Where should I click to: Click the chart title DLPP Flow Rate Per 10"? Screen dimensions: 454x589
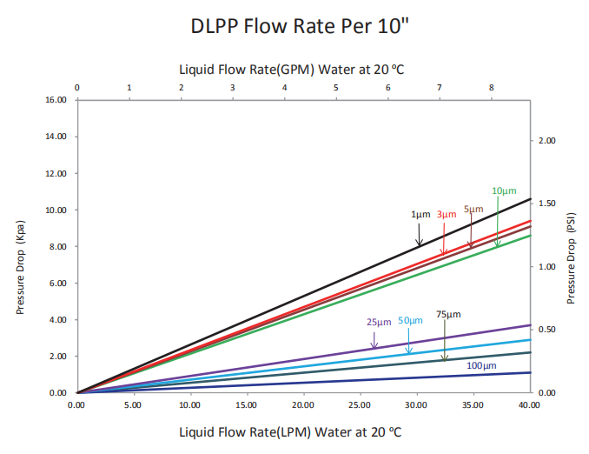tap(294, 27)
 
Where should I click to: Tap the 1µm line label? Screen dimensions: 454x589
tap(420, 214)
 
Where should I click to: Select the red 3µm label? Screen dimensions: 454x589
tap(447, 214)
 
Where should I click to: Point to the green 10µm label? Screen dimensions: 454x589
tap(504, 190)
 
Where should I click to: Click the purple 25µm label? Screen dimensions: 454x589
tap(379, 322)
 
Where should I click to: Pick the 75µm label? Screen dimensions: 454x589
tap(448, 314)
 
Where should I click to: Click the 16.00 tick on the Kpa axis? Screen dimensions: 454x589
tap(56, 100)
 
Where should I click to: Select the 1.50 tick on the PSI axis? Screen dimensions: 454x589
tap(549, 203)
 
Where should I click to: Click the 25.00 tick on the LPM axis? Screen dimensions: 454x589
tap(361, 405)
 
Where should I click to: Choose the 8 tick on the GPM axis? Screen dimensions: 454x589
tap(492, 88)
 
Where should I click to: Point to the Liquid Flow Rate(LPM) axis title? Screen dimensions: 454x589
tap(290, 431)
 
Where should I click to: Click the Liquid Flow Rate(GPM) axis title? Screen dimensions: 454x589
tap(289, 68)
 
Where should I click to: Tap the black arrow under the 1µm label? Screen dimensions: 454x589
tap(420, 234)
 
